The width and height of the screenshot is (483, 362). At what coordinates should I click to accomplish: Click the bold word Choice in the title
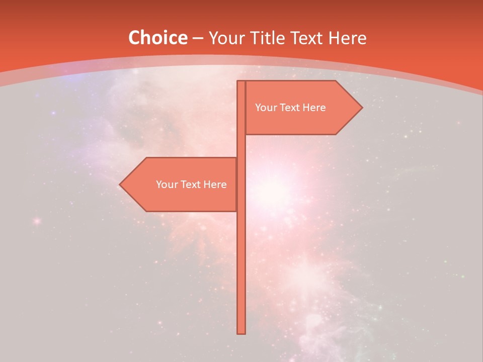pyautogui.click(x=157, y=38)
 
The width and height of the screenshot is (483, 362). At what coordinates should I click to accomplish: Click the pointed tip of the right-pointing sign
pyautogui.click(x=361, y=108)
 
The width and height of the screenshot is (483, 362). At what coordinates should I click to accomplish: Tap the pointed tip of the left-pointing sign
pyautogui.click(x=120, y=185)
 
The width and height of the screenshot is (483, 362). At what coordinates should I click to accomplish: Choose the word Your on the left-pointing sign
pyautogui.click(x=166, y=185)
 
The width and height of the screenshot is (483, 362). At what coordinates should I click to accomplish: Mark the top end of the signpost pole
pyautogui.click(x=241, y=82)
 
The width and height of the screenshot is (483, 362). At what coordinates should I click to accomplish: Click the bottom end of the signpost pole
pyautogui.click(x=241, y=332)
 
